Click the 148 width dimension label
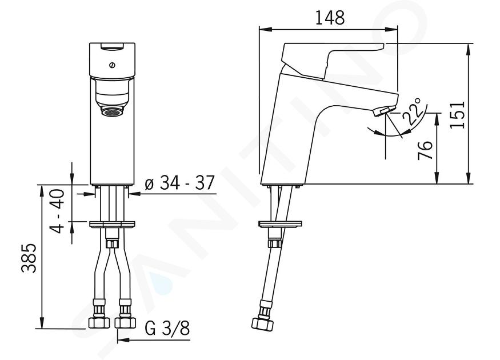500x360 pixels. (330, 18)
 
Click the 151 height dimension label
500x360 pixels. (458, 114)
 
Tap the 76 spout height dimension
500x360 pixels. (425, 150)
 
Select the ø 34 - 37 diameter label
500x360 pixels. (179, 183)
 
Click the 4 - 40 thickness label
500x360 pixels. (58, 211)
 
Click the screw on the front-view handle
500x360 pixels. (111, 65)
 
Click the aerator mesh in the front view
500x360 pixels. (112, 111)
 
